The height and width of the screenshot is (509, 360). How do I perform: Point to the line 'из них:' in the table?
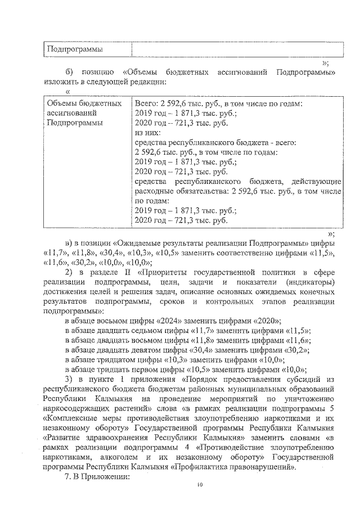(147, 133)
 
